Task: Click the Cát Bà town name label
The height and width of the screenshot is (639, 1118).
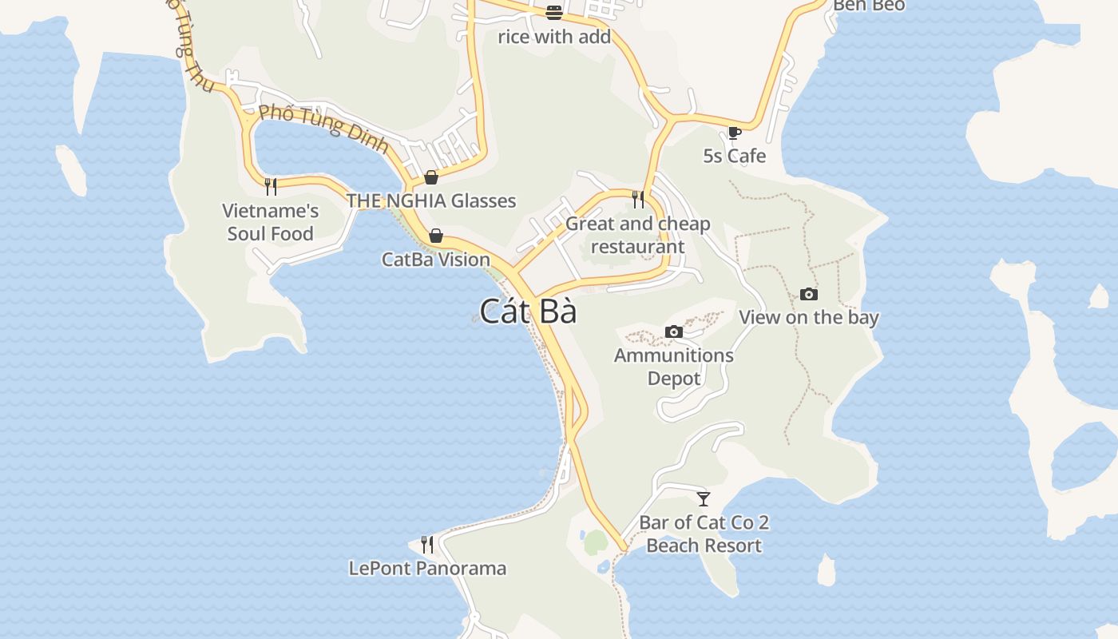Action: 528,311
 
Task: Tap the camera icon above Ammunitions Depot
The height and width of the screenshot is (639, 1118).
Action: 674,331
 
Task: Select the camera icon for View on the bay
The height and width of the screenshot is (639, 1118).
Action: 809,294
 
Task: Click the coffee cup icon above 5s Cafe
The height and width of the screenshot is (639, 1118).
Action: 735,133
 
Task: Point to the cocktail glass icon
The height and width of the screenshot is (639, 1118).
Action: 704,499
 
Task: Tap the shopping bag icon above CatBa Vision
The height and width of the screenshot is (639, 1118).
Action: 436,236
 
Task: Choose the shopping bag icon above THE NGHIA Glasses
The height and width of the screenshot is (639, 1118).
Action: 431,177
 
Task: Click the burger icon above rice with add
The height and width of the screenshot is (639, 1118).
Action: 554,13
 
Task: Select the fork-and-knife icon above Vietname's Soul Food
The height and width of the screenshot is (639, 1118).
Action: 271,187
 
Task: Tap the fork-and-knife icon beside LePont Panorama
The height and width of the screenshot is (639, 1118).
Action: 427,545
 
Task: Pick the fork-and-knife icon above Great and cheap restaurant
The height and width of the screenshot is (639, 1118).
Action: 638,199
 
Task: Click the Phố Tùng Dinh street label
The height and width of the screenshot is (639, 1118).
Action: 324,129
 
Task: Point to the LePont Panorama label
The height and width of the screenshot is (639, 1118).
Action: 427,568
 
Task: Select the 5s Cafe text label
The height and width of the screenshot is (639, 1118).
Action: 735,156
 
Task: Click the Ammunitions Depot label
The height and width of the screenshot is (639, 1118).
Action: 674,367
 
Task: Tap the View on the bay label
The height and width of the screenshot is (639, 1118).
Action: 809,317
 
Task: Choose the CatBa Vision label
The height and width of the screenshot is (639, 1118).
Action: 436,259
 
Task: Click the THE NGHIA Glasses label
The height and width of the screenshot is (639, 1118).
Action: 431,200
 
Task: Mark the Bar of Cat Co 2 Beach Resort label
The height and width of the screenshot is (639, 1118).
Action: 704,534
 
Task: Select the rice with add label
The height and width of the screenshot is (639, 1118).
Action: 554,37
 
